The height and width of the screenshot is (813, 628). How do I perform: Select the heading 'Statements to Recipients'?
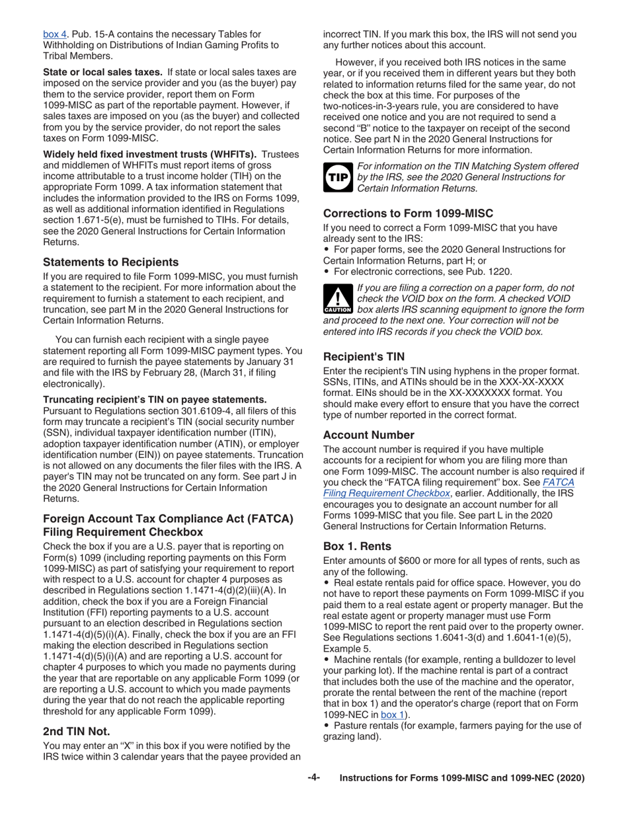click(x=110, y=262)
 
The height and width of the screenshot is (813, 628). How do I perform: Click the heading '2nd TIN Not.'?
click(x=76, y=731)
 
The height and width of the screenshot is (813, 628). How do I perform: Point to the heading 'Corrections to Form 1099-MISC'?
click(x=408, y=213)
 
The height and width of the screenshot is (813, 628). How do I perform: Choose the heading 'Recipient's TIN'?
click(x=364, y=357)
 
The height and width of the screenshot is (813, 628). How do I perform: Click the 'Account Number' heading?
click(x=369, y=435)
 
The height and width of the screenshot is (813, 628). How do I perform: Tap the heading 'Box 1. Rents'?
click(x=357, y=547)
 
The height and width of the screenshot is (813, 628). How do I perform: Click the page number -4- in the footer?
click(x=313, y=778)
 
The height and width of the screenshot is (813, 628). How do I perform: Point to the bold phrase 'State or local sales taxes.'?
click(x=102, y=71)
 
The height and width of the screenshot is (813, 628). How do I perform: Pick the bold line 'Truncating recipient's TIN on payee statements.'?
click(x=155, y=399)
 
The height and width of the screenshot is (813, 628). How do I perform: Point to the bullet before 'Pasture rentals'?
click(x=327, y=726)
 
